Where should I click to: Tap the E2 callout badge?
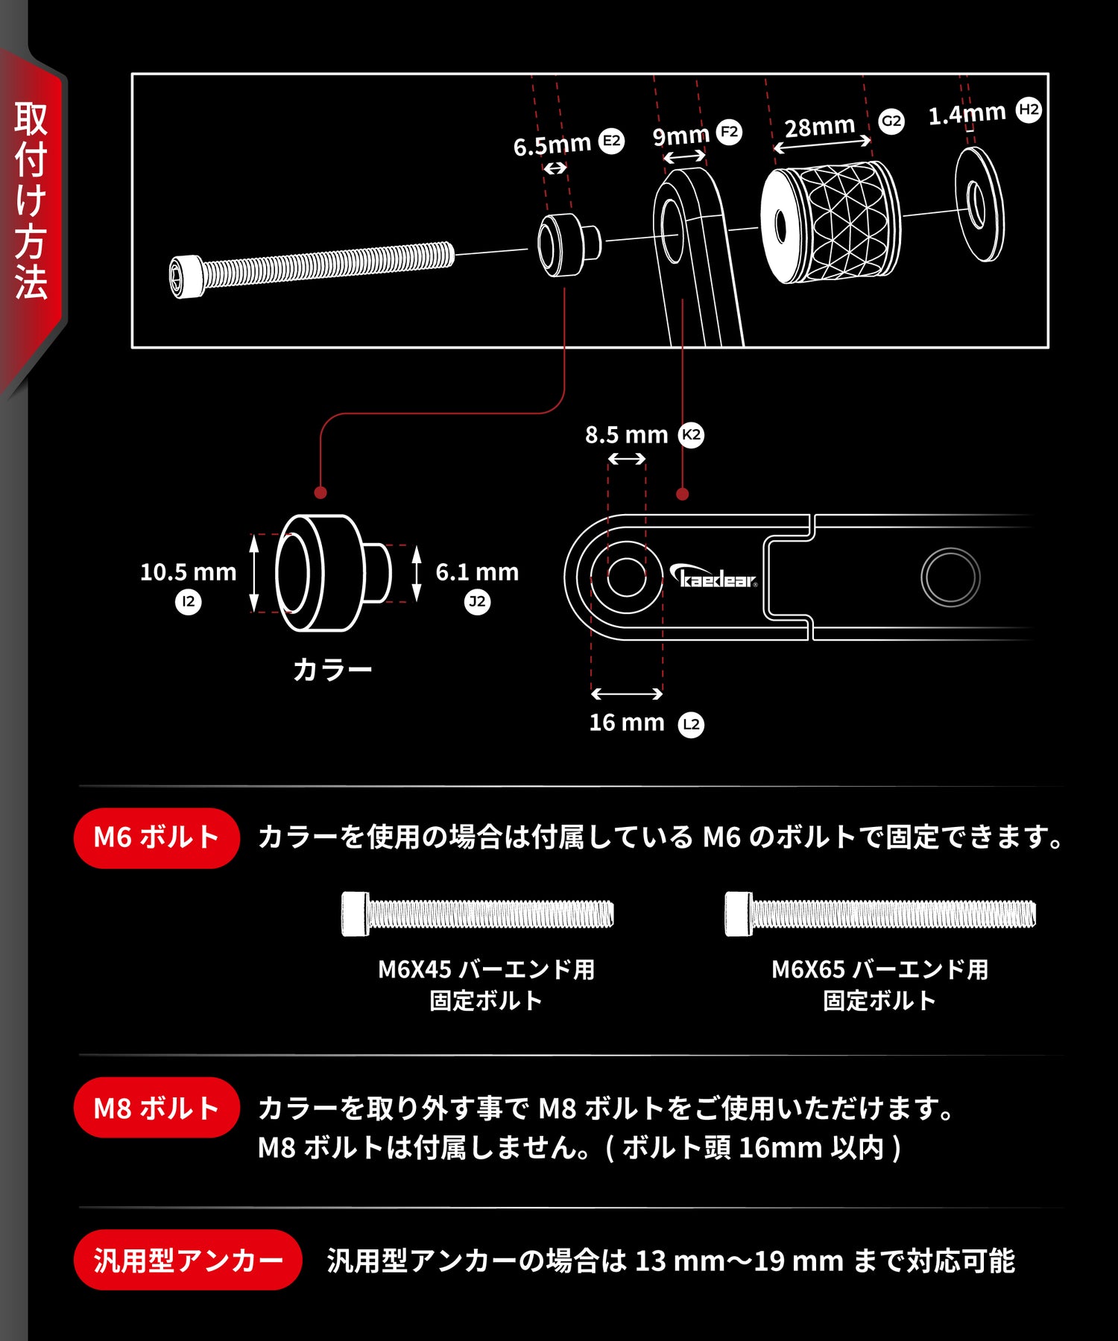tap(611, 141)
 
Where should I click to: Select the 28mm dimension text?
tap(819, 127)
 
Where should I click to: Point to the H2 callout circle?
tap(1029, 110)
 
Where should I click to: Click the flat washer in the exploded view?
tap(979, 204)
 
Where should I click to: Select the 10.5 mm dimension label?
tap(188, 572)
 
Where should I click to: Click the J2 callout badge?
tap(477, 601)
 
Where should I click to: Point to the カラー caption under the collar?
tap(332, 670)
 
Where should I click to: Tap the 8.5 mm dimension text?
tap(626, 435)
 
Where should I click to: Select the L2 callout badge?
tap(691, 724)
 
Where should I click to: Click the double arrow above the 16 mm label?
tap(627, 694)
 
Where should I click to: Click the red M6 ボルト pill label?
tap(157, 837)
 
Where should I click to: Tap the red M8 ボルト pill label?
tap(157, 1107)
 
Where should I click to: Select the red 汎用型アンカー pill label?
tap(188, 1260)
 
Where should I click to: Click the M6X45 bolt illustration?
tap(478, 913)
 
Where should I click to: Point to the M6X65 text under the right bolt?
tap(808, 969)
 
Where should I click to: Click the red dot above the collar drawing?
tap(320, 492)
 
